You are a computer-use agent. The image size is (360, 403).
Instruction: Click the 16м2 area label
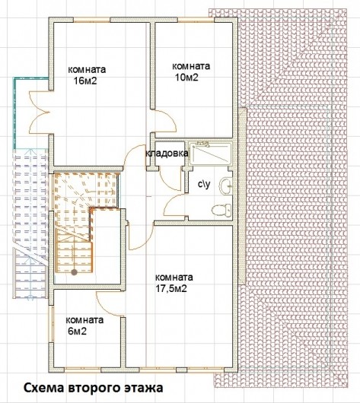85,81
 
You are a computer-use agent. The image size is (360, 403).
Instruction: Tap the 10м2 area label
186,78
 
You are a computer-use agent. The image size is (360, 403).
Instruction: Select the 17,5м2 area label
171,289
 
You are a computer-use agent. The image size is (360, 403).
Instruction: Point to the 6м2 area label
77,332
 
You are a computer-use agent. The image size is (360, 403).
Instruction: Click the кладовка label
167,154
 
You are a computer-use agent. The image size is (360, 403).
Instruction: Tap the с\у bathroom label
204,183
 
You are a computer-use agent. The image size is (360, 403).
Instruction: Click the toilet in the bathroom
221,210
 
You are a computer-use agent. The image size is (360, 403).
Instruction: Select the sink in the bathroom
226,186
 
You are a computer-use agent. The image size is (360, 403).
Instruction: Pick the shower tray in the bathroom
210,154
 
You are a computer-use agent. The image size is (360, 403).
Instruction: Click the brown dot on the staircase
74,272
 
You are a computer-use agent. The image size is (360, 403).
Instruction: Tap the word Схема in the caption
44,388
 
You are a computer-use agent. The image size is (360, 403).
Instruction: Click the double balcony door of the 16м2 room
39,112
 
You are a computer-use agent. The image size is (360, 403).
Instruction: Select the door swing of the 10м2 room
164,121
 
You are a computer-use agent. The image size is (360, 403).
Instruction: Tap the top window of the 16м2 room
92,20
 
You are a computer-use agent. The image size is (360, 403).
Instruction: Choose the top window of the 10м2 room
196,20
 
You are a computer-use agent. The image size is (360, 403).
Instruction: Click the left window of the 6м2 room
51,324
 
